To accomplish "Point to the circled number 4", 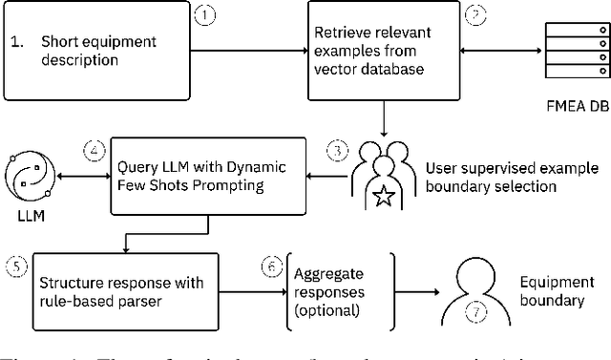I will [93, 150].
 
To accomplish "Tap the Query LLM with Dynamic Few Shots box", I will [210, 176].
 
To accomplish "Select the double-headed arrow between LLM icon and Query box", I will [83, 175].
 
